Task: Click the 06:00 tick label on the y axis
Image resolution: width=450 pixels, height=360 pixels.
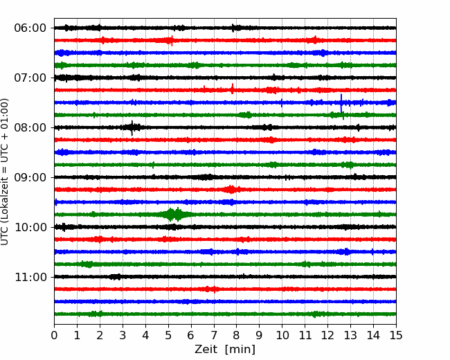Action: (x=30, y=28)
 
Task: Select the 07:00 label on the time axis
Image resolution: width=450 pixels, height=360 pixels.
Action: (x=30, y=78)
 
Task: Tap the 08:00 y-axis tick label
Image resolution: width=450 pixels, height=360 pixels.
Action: (x=30, y=127)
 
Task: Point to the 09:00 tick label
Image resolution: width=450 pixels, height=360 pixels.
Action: (x=30, y=177)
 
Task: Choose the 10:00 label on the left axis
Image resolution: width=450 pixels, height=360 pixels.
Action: (x=30, y=227)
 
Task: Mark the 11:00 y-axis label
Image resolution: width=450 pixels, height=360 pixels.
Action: (x=30, y=278)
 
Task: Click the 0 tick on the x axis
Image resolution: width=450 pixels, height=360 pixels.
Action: (x=54, y=335)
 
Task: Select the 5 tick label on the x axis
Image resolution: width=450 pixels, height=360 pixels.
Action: (x=168, y=335)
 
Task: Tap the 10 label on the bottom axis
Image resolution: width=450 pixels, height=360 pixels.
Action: (x=282, y=335)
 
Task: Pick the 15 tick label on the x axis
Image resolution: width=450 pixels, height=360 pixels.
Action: (x=396, y=335)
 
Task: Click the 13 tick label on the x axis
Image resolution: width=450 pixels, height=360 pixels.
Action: (x=350, y=335)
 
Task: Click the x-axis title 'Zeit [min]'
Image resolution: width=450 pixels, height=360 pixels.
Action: (x=225, y=350)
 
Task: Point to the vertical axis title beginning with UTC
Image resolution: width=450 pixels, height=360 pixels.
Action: (x=5, y=172)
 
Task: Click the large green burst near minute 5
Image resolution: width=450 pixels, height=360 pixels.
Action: (x=174, y=215)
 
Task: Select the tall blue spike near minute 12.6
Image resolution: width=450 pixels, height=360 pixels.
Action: (x=341, y=103)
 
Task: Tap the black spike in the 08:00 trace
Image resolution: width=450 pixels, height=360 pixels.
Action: (x=132, y=128)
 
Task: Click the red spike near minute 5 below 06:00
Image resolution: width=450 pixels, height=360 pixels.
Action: (x=172, y=40)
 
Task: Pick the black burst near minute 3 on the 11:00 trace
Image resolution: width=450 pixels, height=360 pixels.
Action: (x=116, y=277)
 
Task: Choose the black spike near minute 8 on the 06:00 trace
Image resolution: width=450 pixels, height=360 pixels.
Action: (x=233, y=28)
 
